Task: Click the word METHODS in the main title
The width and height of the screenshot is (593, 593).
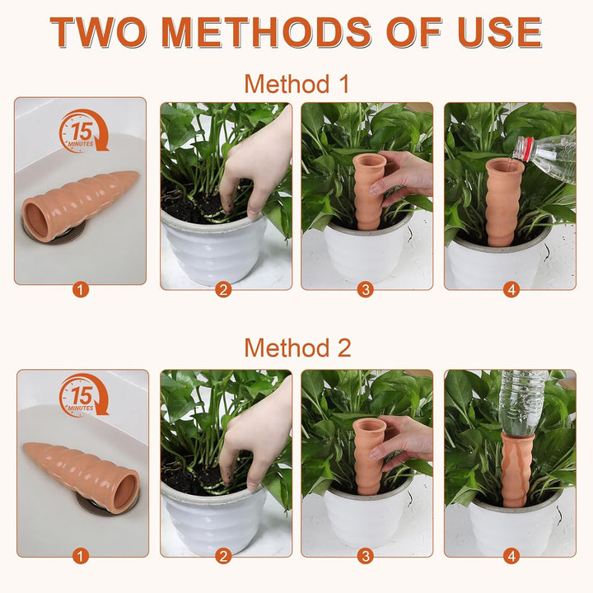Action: point(266,32)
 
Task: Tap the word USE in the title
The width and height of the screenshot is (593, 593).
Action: point(500,32)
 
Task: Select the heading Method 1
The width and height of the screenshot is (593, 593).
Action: point(296,83)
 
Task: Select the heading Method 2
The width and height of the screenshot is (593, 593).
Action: point(297,348)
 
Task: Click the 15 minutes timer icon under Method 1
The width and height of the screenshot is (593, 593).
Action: point(83,131)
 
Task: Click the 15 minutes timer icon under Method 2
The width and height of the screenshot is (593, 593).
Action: point(83,395)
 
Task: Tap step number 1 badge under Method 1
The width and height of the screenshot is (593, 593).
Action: point(80,290)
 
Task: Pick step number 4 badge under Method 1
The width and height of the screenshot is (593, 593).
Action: point(511,290)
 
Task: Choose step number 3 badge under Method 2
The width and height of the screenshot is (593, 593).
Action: point(366,556)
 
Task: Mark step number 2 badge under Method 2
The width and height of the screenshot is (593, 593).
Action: point(223,556)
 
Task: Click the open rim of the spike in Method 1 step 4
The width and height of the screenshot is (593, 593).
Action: point(505,165)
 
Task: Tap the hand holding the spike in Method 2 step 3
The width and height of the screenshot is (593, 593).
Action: point(402,443)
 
